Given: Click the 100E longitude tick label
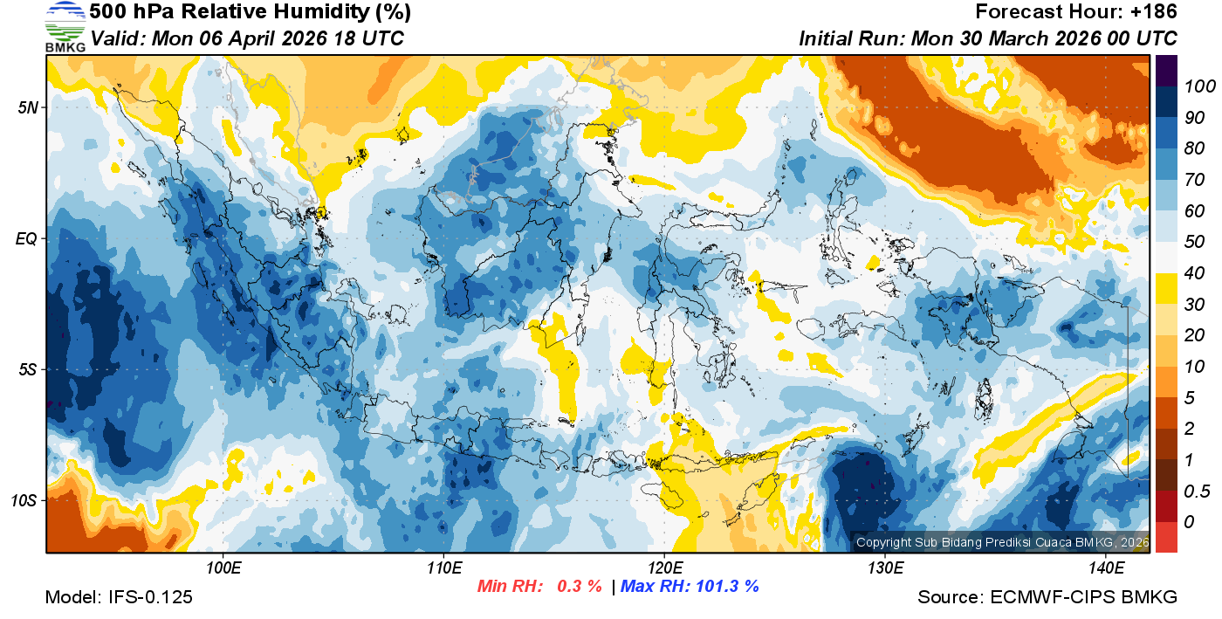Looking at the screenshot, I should tap(223, 568).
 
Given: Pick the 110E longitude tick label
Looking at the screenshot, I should tap(444, 568).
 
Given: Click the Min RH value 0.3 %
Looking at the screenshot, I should tap(580, 586).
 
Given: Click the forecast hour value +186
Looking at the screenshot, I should tap(1157, 12).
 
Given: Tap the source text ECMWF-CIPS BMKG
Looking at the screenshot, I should tap(1084, 597).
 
